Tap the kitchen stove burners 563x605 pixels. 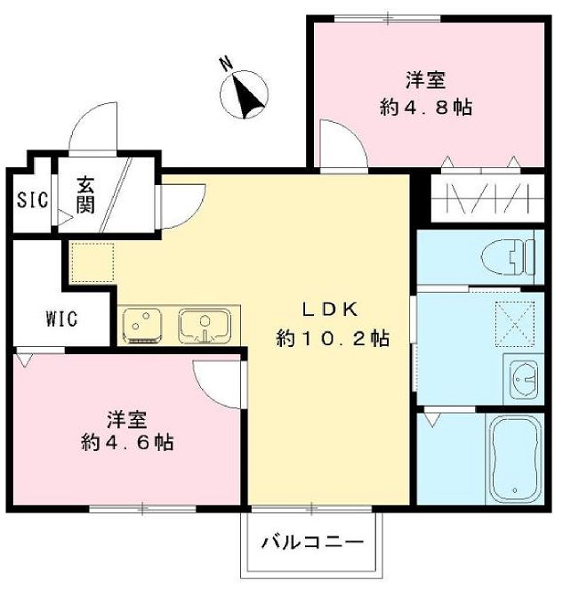pyautogui.click(x=141, y=325)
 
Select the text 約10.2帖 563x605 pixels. pyautogui.click(x=332, y=339)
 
